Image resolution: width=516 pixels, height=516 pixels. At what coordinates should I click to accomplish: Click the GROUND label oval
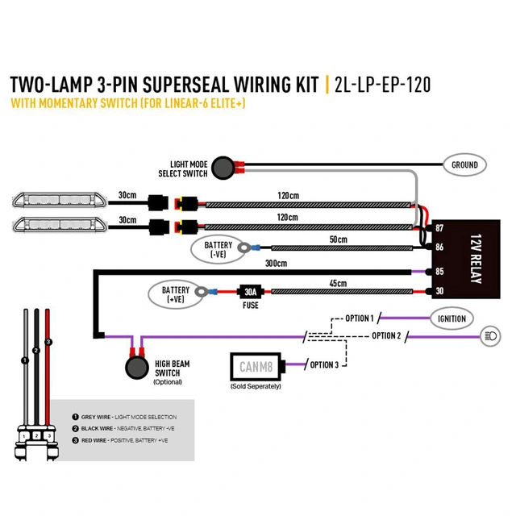464,164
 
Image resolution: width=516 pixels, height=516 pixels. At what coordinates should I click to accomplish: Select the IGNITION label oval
451,318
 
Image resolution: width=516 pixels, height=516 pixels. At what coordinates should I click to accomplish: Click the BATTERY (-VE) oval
218,249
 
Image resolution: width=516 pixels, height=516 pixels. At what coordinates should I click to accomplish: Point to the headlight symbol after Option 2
489,335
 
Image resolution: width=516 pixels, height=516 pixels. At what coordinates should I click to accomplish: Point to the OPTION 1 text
359,318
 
